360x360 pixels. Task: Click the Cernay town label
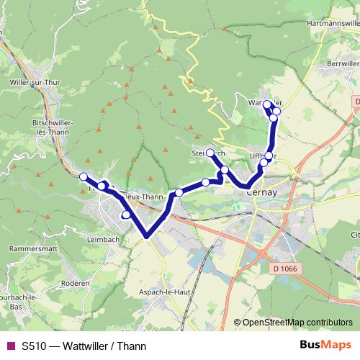(x=258, y=192)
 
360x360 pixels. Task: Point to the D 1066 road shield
(x=286, y=269)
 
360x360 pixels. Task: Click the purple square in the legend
(x=9, y=346)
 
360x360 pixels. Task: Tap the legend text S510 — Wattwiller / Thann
(x=84, y=346)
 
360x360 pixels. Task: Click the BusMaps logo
(x=326, y=345)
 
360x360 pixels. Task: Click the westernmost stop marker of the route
(x=83, y=176)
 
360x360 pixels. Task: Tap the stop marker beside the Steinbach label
(x=210, y=153)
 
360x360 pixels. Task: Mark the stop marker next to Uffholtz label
(x=269, y=156)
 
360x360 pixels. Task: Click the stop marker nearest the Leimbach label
(x=126, y=214)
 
